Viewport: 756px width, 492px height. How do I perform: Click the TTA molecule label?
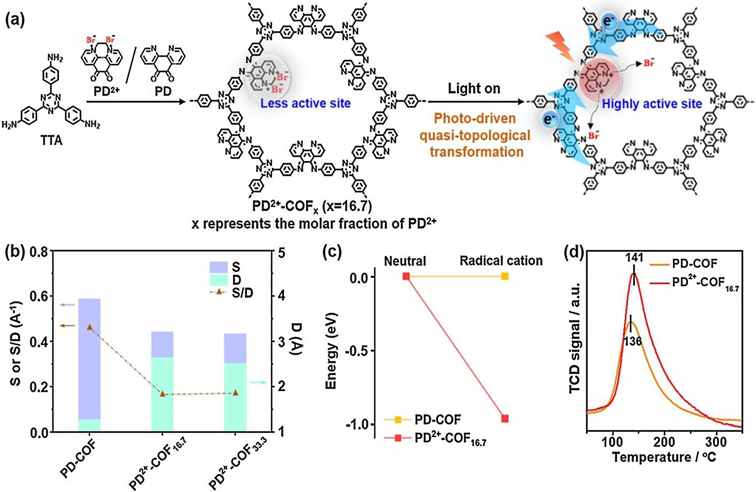click(51, 141)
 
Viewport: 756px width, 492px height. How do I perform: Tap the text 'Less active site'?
click(305, 103)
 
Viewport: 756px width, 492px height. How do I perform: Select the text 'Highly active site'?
click(652, 104)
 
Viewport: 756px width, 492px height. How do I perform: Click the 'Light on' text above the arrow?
click(474, 88)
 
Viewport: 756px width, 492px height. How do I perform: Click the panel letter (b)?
click(15, 252)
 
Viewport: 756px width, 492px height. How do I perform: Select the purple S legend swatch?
click(218, 267)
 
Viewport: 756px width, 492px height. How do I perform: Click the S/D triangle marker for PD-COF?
click(90, 327)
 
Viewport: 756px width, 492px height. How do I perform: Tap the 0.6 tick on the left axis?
click(39, 296)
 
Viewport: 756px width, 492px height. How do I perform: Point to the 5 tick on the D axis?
click(282, 253)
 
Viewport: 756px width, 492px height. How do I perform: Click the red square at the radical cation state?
click(505, 418)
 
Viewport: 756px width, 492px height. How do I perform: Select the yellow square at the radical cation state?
click(505, 276)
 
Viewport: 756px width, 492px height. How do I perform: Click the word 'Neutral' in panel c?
click(405, 261)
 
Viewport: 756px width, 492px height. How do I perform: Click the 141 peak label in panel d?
click(634, 258)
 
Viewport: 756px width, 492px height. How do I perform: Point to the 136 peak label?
click(632, 341)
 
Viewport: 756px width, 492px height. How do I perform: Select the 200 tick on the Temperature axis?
click(664, 442)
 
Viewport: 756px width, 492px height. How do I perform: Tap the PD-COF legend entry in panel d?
click(694, 264)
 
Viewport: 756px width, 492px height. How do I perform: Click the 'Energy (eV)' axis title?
click(331, 351)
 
